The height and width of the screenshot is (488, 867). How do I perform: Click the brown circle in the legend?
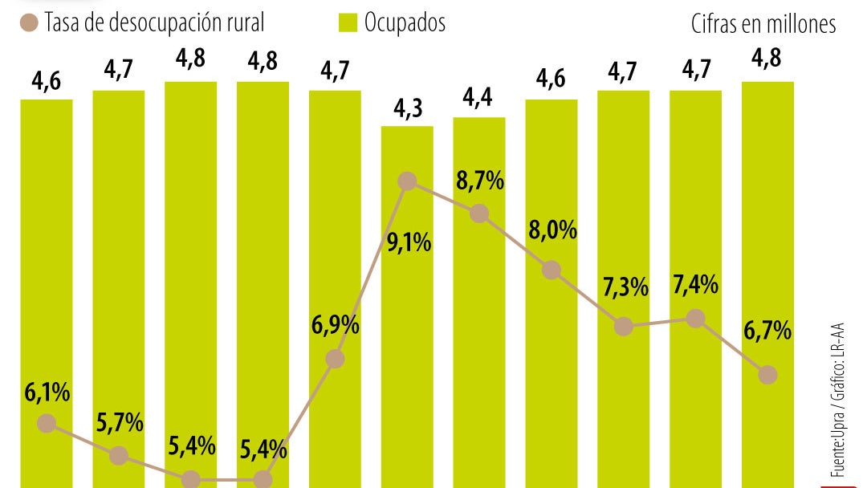click(30, 23)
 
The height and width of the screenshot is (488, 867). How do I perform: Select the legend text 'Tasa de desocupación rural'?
click(154, 23)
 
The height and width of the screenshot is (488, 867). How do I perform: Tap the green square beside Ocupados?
click(347, 23)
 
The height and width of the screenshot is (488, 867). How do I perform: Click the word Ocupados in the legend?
click(405, 23)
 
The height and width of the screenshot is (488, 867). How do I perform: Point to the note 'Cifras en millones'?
click(763, 25)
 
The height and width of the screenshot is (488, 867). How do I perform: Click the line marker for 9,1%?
click(407, 181)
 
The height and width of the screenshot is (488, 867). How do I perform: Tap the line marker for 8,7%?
click(479, 213)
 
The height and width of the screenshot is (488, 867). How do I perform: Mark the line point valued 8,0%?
click(551, 270)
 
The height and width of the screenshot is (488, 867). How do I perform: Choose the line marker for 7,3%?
click(623, 326)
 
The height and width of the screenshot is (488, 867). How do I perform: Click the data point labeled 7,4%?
click(696, 319)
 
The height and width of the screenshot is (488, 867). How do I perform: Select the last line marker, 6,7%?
click(768, 374)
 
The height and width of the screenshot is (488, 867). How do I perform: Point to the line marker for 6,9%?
click(336, 359)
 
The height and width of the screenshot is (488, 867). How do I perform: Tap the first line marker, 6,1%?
click(47, 423)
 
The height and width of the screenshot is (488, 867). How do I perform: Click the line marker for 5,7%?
click(119, 455)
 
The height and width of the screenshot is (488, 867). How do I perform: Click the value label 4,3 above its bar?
click(407, 109)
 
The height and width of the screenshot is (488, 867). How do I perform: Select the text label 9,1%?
click(409, 242)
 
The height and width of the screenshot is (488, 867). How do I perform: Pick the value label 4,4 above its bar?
click(479, 100)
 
